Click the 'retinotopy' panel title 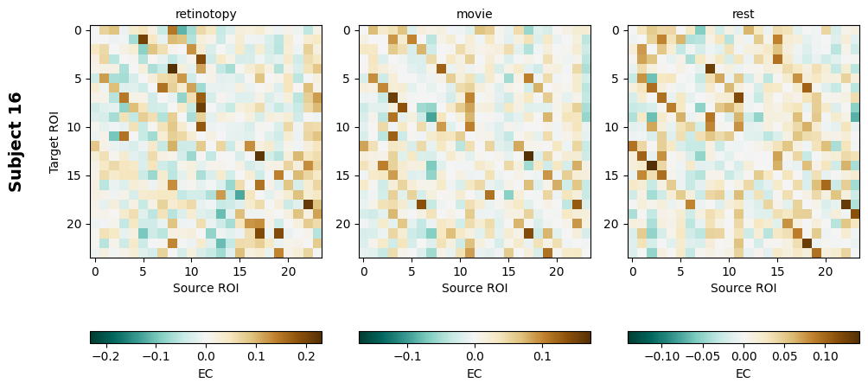pyautogui.click(x=206, y=14)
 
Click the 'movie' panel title pyautogui.click(x=475, y=14)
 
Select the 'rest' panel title pyautogui.click(x=744, y=14)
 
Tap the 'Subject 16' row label pyautogui.click(x=16, y=141)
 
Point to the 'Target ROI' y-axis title pyautogui.click(x=54, y=141)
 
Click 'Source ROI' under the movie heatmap pyautogui.click(x=475, y=288)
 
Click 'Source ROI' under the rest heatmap pyautogui.click(x=744, y=288)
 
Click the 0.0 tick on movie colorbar pyautogui.click(x=475, y=355)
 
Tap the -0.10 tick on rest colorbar pyautogui.click(x=662, y=355)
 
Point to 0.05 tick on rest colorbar pyautogui.click(x=784, y=355)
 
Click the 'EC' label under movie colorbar pyautogui.click(x=475, y=373)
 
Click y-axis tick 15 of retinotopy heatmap pyautogui.click(x=78, y=175)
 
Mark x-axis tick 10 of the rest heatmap pyautogui.click(x=729, y=271)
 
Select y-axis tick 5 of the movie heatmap pyautogui.click(x=347, y=79)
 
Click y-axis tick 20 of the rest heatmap pyautogui.click(x=616, y=224)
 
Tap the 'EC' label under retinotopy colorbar pyautogui.click(x=206, y=373)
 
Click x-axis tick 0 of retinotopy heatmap pyautogui.click(x=95, y=271)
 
